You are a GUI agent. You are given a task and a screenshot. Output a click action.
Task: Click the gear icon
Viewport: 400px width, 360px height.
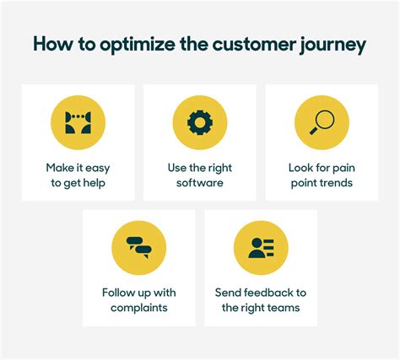click(x=200, y=122)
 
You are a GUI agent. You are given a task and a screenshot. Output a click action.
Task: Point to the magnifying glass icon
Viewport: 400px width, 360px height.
click(x=322, y=122)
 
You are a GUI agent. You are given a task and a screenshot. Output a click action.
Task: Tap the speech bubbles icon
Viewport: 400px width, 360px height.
click(x=139, y=248)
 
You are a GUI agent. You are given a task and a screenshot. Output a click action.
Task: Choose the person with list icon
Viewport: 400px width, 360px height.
click(x=261, y=248)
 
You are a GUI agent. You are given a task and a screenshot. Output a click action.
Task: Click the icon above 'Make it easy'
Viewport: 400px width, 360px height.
click(x=78, y=122)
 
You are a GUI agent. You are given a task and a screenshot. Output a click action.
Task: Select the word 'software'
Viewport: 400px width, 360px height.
click(x=200, y=183)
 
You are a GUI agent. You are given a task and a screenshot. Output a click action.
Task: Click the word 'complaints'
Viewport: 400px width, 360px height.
click(x=139, y=308)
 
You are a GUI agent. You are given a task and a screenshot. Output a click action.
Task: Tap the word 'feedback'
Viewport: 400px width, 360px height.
click(x=268, y=293)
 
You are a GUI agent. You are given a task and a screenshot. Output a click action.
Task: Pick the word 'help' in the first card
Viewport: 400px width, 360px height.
click(x=95, y=183)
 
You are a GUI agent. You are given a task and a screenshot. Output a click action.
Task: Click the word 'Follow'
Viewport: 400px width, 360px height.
click(x=115, y=293)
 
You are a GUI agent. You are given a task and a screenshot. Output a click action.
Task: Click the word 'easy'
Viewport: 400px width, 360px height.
click(x=97, y=169)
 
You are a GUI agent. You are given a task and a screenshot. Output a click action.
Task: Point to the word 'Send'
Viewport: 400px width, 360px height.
click(x=228, y=293)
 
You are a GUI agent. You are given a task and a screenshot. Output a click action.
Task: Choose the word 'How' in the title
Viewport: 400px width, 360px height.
click(x=53, y=45)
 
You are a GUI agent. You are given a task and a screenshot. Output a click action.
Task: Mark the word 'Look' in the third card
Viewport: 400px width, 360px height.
click(x=300, y=168)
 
